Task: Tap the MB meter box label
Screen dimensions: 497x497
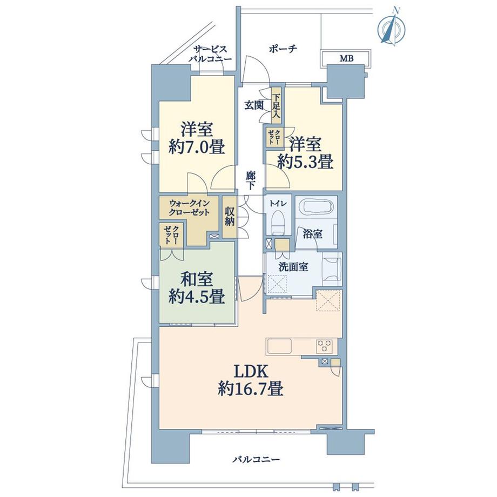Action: pyautogui.click(x=346, y=58)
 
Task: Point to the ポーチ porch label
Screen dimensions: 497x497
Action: pyautogui.click(x=283, y=49)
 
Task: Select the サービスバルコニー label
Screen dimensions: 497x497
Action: pyautogui.click(x=210, y=54)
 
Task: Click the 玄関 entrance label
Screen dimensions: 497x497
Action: pyautogui.click(x=254, y=105)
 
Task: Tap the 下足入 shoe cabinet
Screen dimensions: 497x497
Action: pyautogui.click(x=276, y=105)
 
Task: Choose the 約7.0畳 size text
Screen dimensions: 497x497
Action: pyautogui.click(x=197, y=147)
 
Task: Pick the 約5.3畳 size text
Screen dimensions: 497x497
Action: pyautogui.click(x=305, y=162)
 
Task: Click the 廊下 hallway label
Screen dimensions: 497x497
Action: pyautogui.click(x=251, y=180)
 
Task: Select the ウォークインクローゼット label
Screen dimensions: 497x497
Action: pyautogui.click(x=189, y=207)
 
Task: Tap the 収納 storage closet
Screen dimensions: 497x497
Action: pyautogui.click(x=230, y=217)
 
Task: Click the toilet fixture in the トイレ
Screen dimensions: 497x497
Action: pyautogui.click(x=278, y=223)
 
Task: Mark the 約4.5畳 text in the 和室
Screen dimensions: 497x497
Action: pyautogui.click(x=197, y=297)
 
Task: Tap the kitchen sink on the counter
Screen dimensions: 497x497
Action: pyautogui.click(x=279, y=346)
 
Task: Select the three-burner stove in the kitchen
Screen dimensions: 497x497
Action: pyautogui.click(x=325, y=346)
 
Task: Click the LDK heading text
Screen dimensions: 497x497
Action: pyautogui.click(x=251, y=371)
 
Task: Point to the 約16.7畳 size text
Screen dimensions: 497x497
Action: pyautogui.click(x=251, y=388)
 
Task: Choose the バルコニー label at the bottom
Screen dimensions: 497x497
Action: pyautogui.click(x=256, y=459)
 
